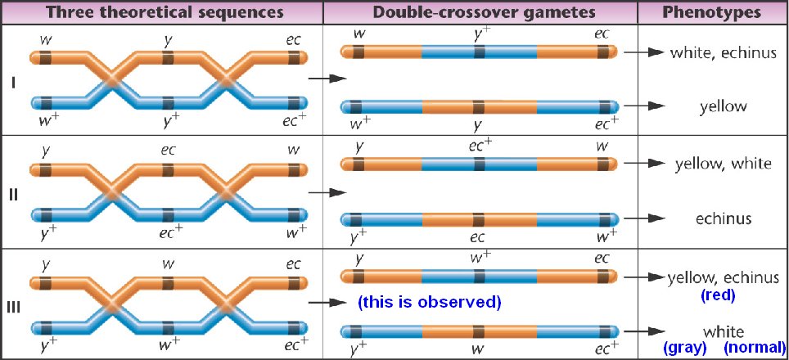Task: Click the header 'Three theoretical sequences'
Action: click(x=161, y=12)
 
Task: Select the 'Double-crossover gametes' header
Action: click(x=480, y=12)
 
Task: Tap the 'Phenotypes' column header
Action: click(x=712, y=12)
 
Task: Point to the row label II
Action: click(x=13, y=194)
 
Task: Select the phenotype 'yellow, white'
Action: click(x=723, y=164)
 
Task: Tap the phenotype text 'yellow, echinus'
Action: click(x=724, y=277)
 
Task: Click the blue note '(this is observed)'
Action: click(x=429, y=302)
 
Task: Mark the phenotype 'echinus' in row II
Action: click(x=724, y=218)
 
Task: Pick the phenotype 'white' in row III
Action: click(x=724, y=331)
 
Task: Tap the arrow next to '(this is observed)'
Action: click(x=327, y=302)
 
